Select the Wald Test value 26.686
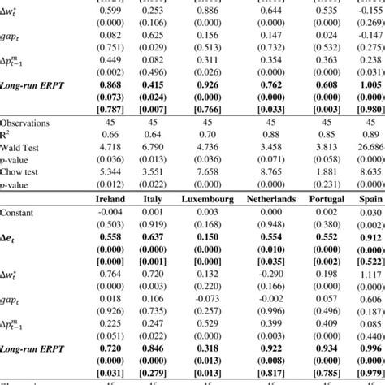[x=369, y=147]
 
